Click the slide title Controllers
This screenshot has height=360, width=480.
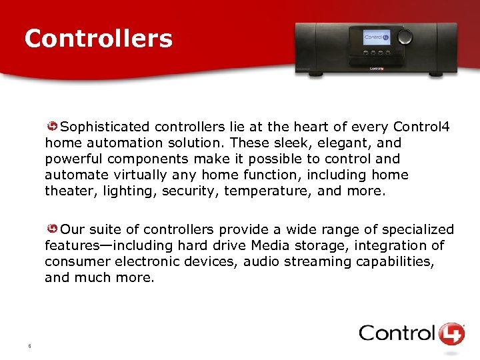click(x=98, y=39)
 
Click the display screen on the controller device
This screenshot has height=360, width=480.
click(x=377, y=38)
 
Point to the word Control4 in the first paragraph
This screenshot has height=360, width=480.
click(x=421, y=127)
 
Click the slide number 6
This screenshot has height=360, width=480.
click(x=30, y=345)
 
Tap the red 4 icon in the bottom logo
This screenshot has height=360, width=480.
click(x=452, y=333)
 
